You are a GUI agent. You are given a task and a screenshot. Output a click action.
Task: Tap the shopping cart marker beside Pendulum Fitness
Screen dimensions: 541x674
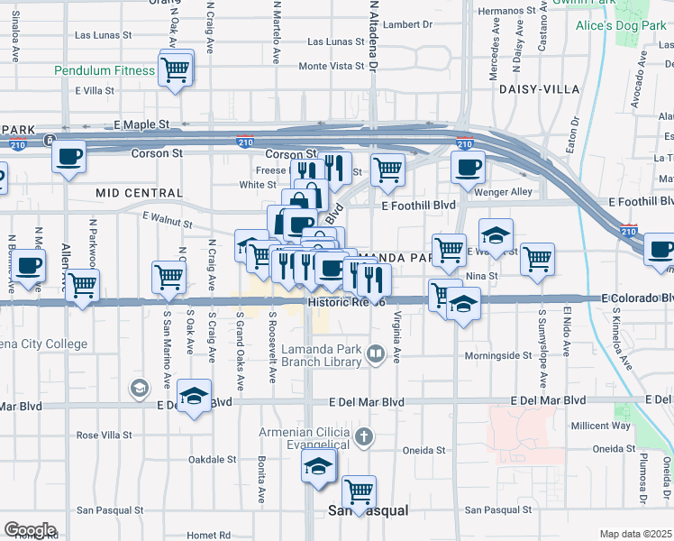pyautogui.click(x=175, y=69)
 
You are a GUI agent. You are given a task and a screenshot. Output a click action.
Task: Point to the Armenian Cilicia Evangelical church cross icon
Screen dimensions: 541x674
pyautogui.click(x=364, y=438)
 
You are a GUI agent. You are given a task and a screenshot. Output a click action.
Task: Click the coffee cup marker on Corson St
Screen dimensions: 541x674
pyautogui.click(x=68, y=159)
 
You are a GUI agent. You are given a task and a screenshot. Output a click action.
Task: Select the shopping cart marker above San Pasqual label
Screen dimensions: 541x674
pyautogui.click(x=359, y=491)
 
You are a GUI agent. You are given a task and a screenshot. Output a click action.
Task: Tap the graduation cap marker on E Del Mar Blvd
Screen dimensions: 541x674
pyautogui.click(x=193, y=397)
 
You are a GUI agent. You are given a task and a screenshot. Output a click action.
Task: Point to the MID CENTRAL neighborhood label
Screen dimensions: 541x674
pyautogui.click(x=138, y=193)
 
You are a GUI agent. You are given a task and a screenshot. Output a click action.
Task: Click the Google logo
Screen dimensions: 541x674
pyautogui.click(x=30, y=530)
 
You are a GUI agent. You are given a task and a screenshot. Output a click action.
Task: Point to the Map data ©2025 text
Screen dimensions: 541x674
pyautogui.click(x=635, y=534)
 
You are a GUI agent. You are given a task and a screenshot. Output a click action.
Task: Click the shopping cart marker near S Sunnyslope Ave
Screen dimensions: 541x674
pyautogui.click(x=538, y=259)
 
